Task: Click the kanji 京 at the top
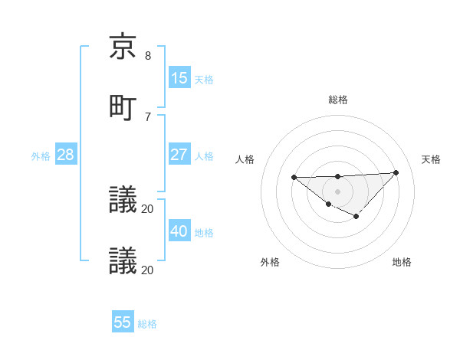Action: pos(123,47)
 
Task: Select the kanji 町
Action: pos(123,107)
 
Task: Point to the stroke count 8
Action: pos(148,56)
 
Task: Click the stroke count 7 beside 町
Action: pos(148,116)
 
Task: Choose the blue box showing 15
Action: pos(179,78)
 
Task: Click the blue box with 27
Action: pos(179,155)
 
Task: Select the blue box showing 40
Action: pos(179,231)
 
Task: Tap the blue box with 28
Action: pos(66,155)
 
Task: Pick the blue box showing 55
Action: pos(123,322)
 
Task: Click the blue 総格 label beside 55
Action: pos(147,324)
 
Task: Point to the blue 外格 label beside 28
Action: pos(41,156)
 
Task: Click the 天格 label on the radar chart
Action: pos(431,159)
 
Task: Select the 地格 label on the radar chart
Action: pos(402,262)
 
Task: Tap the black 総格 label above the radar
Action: pos(338,100)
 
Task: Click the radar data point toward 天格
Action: pos(396,172)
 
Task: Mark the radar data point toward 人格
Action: pos(294,178)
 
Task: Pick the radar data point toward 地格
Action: pos(356,217)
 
